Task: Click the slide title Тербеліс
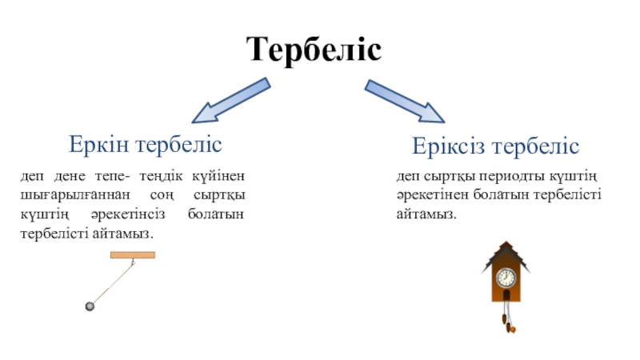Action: click(x=314, y=50)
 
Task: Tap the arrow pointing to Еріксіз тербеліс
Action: click(x=404, y=100)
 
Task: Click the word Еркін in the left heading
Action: click(x=100, y=145)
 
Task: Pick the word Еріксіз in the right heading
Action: click(x=449, y=146)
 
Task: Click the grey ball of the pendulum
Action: click(x=90, y=306)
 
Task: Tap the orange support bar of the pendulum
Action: click(x=132, y=255)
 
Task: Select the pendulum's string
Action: click(x=112, y=281)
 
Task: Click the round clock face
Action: click(x=506, y=278)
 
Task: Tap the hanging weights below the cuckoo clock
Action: click(x=507, y=320)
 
